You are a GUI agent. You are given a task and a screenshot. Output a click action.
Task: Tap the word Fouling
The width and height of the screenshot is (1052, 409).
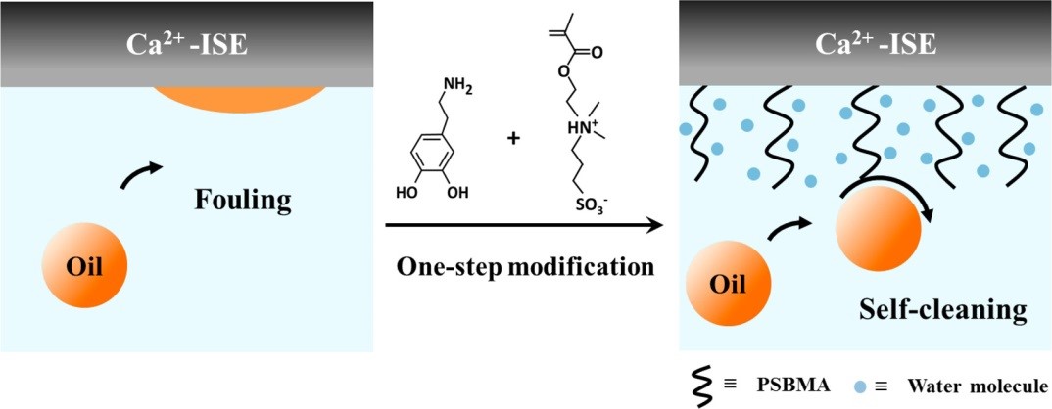tap(243, 202)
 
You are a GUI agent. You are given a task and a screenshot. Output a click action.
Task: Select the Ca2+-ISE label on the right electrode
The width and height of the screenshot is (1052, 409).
tap(863, 44)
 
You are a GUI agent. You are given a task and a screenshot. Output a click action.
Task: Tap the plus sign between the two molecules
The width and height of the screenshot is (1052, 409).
tap(512, 138)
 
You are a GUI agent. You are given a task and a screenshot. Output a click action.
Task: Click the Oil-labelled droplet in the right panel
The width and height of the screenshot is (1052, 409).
tap(728, 285)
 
